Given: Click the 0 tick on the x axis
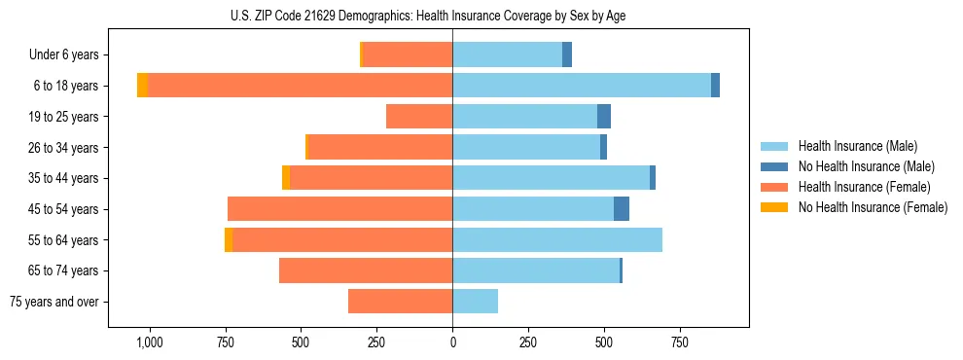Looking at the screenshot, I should pos(452,343).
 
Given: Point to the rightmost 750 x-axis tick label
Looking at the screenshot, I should pos(680,343).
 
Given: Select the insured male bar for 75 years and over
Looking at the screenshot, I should pos(475,302).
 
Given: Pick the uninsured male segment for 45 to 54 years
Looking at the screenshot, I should pos(622,209).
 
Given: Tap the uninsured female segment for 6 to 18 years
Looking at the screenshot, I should pos(142,86).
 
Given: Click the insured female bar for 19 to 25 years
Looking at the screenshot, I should pos(419,117).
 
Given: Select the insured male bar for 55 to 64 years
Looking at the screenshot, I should pos(557,239).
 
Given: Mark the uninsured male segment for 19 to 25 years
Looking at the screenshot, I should pos(604,117).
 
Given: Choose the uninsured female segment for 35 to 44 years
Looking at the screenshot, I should pos(286,178).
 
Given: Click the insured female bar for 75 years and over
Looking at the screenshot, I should pos(400,302).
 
